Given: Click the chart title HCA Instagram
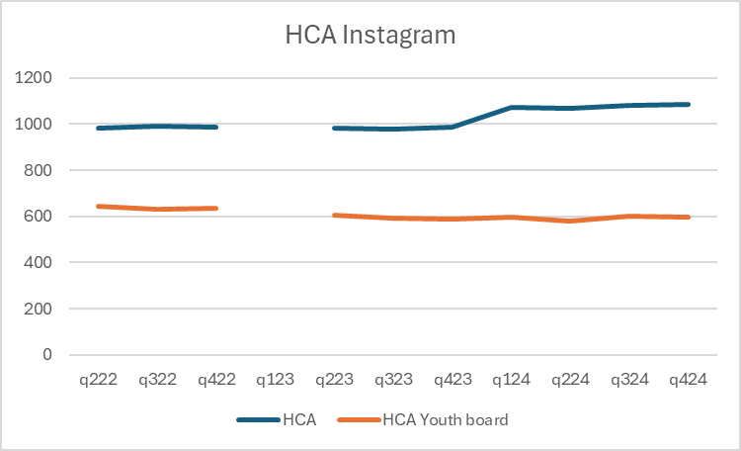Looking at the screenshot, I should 370,36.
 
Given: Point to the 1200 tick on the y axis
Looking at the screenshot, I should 45,78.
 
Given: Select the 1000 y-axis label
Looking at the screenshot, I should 45,125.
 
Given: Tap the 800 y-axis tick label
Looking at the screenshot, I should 49,170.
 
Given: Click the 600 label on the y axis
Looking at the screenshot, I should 49,217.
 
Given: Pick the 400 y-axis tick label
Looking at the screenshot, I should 49,262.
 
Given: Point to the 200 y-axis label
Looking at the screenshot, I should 49,309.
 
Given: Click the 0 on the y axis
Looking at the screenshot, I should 59,354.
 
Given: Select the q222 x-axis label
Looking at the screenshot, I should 99,380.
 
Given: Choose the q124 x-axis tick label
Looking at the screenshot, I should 511,380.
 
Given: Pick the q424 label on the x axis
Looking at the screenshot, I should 688,380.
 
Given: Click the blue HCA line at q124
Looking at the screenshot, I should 511,107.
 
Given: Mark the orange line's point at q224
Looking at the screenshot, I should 570,221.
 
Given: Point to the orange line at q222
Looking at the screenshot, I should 99,206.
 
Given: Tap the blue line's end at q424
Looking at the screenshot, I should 688,104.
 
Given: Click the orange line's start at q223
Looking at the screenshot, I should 335,215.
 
